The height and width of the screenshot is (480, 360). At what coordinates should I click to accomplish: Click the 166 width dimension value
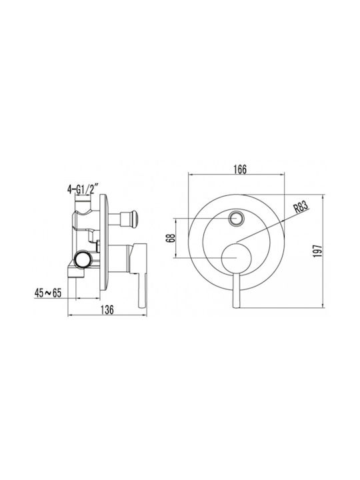pos(240,169)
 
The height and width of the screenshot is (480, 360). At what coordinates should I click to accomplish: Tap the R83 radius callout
pos(300,207)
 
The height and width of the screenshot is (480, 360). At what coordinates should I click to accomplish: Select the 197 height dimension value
pos(318,251)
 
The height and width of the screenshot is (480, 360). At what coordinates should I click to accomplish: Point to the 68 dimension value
pos(172,238)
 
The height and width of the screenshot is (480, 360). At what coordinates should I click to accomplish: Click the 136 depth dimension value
pos(107,309)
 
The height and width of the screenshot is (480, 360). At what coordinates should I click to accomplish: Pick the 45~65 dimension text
pos(48,293)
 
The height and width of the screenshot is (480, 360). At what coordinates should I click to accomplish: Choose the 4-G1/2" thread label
pos(83,189)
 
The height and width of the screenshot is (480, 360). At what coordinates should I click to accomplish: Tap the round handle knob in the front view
pos(236,258)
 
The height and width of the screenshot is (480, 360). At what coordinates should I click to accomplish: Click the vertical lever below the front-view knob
pos(236,290)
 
